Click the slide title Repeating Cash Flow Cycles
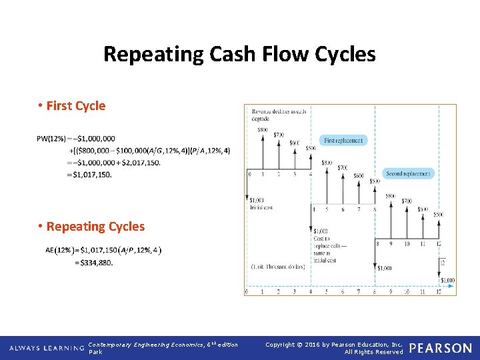pyautogui.click(x=239, y=54)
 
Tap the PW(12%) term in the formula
pyautogui.click(x=51, y=139)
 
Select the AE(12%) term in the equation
pyautogui.click(x=59, y=250)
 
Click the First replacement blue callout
pyautogui.click(x=343, y=141)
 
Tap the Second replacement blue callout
pyautogui.click(x=409, y=173)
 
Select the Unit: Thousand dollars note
pyautogui.click(x=277, y=267)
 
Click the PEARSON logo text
pyautogui.click(x=440, y=348)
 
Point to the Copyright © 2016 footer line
pyautogui.click(x=333, y=345)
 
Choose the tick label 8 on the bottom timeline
pyautogui.click(x=375, y=291)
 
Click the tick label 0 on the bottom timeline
pyautogui.click(x=247, y=291)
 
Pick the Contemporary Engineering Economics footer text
pyautogui.click(x=163, y=345)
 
